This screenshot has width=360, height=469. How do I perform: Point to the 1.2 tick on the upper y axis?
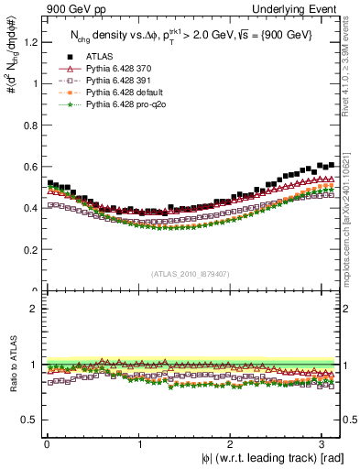(31, 42)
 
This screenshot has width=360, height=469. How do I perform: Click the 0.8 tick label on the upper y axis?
(31, 125)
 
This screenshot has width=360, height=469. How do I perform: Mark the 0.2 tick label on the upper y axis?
(31, 249)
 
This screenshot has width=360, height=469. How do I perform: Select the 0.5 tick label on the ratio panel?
(31, 420)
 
